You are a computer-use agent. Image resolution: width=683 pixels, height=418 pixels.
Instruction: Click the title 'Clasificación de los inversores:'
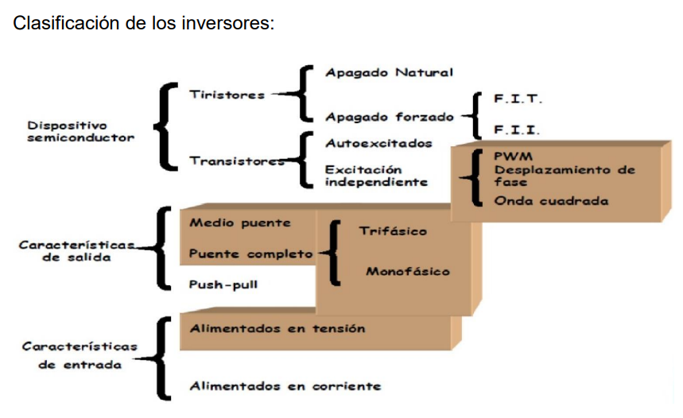pos(144,23)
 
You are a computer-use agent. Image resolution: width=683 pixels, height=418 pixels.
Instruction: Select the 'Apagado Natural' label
pos(389,73)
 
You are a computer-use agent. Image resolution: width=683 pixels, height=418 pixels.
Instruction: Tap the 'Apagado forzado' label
pos(389,118)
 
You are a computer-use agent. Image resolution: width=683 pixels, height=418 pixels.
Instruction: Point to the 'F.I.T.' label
pos(518,100)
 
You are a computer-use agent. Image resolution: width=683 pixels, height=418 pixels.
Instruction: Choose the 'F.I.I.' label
pos(517,130)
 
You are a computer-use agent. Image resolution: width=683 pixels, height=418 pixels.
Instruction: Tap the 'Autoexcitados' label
pos(378,144)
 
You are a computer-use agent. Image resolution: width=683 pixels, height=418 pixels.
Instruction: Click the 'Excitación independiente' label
pos(375,176)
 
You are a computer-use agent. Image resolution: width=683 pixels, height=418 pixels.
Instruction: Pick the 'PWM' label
pos(513,156)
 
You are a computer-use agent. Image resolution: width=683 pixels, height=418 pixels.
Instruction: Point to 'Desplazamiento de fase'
pos(564,176)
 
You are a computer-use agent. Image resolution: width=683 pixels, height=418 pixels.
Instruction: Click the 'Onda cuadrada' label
pos(551,201)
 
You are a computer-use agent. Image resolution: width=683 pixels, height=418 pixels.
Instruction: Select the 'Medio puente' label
pos(240,223)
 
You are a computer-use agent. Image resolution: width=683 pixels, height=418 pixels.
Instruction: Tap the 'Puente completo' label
pos(250,255)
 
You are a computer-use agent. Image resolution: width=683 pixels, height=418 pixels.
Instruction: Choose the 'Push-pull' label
pos(223,284)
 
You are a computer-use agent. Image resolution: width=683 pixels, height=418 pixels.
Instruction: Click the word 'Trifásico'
pos(393,231)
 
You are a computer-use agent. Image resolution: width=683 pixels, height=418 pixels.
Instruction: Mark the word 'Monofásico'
pos(408,272)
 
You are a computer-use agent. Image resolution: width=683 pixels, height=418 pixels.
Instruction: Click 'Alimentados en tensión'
pos(277,328)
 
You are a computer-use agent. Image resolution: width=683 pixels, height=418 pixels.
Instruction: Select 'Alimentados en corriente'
pos(285,387)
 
